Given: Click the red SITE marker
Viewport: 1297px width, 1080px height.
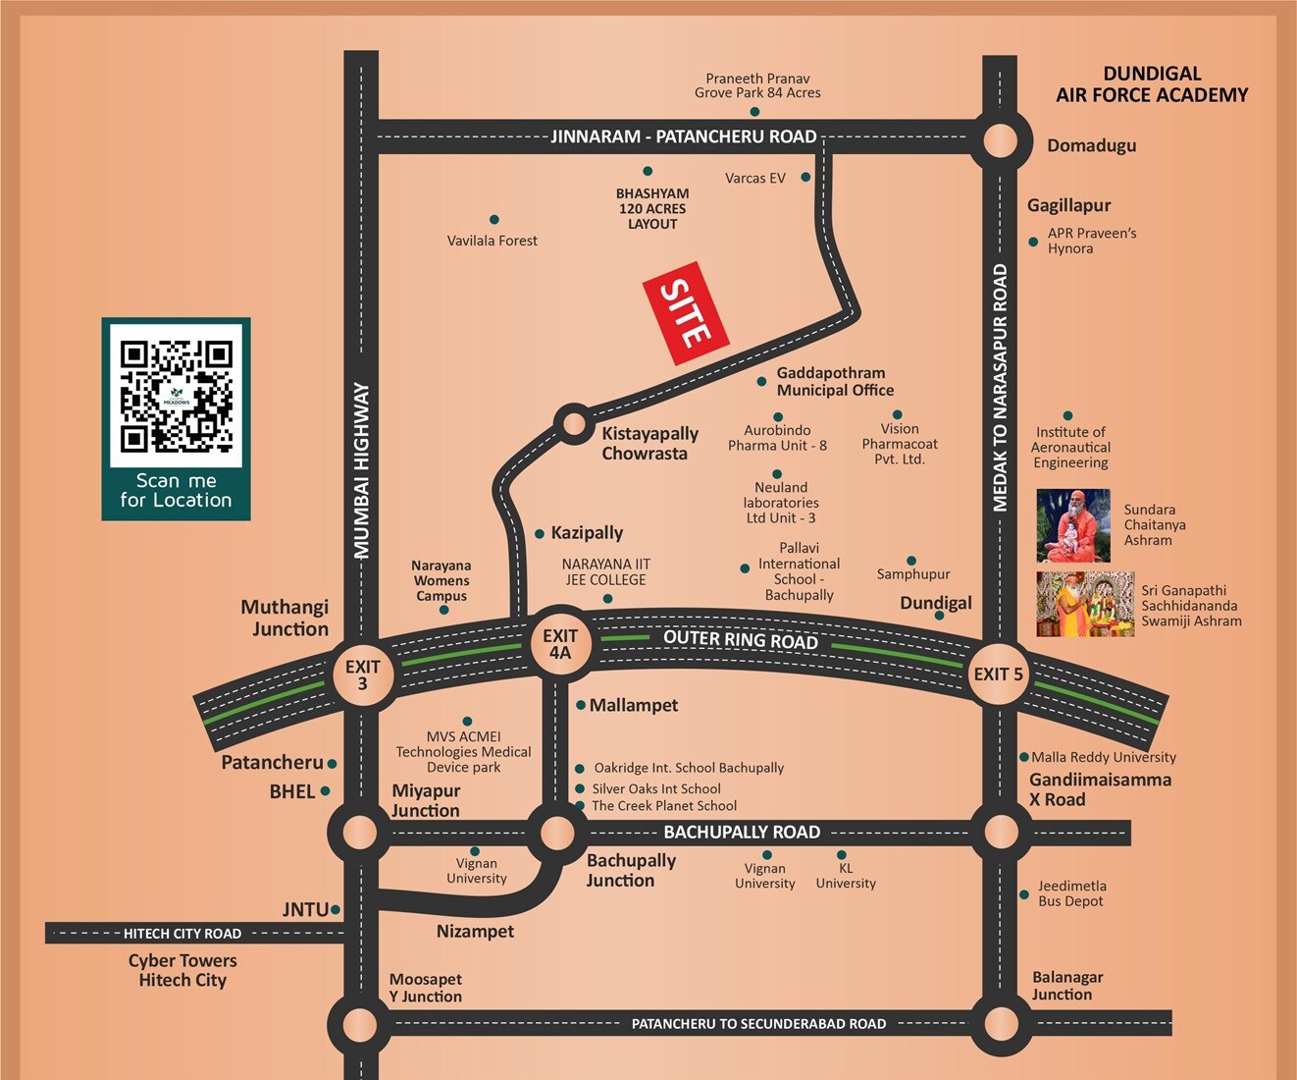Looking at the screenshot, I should pyautogui.click(x=685, y=313).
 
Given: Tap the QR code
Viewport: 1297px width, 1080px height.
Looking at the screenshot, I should pyautogui.click(x=177, y=396).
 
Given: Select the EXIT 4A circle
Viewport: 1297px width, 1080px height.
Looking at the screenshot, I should pyautogui.click(x=559, y=644).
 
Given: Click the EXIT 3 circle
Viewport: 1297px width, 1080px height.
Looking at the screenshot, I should pyautogui.click(x=362, y=675).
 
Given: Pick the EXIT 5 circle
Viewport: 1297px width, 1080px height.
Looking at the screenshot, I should pyautogui.click(x=998, y=675).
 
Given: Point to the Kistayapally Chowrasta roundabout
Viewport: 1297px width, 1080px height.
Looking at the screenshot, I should pyautogui.click(x=573, y=424).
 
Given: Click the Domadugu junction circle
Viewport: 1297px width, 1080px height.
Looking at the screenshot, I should pyautogui.click(x=1001, y=141).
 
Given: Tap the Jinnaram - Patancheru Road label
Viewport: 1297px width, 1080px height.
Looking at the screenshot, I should pyautogui.click(x=684, y=136).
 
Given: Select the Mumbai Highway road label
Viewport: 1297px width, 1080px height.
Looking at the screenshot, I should pyautogui.click(x=362, y=471).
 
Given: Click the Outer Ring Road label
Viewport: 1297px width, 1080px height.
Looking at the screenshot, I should pyautogui.click(x=741, y=639).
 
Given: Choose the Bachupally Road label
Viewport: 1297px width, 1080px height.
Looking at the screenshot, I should pyautogui.click(x=742, y=833).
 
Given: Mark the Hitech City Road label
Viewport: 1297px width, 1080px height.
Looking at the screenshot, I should pyautogui.click(x=182, y=934).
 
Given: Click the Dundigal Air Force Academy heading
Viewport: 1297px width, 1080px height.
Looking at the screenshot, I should pyautogui.click(x=1152, y=84).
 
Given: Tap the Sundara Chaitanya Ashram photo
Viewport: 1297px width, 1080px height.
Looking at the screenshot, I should pyautogui.click(x=1073, y=525).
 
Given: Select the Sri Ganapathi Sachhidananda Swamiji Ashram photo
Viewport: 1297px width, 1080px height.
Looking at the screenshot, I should pyautogui.click(x=1085, y=605).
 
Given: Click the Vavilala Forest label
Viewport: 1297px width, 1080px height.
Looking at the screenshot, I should pyautogui.click(x=493, y=241).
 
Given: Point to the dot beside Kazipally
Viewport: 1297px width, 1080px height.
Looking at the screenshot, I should pyautogui.click(x=540, y=534).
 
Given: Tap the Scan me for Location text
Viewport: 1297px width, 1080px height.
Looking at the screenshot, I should pyautogui.click(x=177, y=490).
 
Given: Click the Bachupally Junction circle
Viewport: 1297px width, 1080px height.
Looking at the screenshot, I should pyautogui.click(x=557, y=834).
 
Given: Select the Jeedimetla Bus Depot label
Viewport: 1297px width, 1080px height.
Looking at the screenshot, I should pyautogui.click(x=1071, y=893).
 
